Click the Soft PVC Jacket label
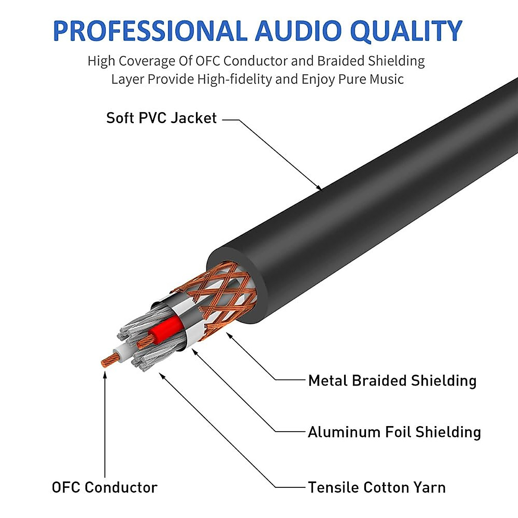point(161,118)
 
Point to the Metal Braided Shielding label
point(392,381)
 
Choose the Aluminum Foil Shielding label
point(394,432)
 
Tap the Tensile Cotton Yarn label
point(377,487)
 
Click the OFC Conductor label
point(104,487)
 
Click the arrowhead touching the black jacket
point(319,187)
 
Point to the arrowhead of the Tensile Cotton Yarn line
point(162,375)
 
